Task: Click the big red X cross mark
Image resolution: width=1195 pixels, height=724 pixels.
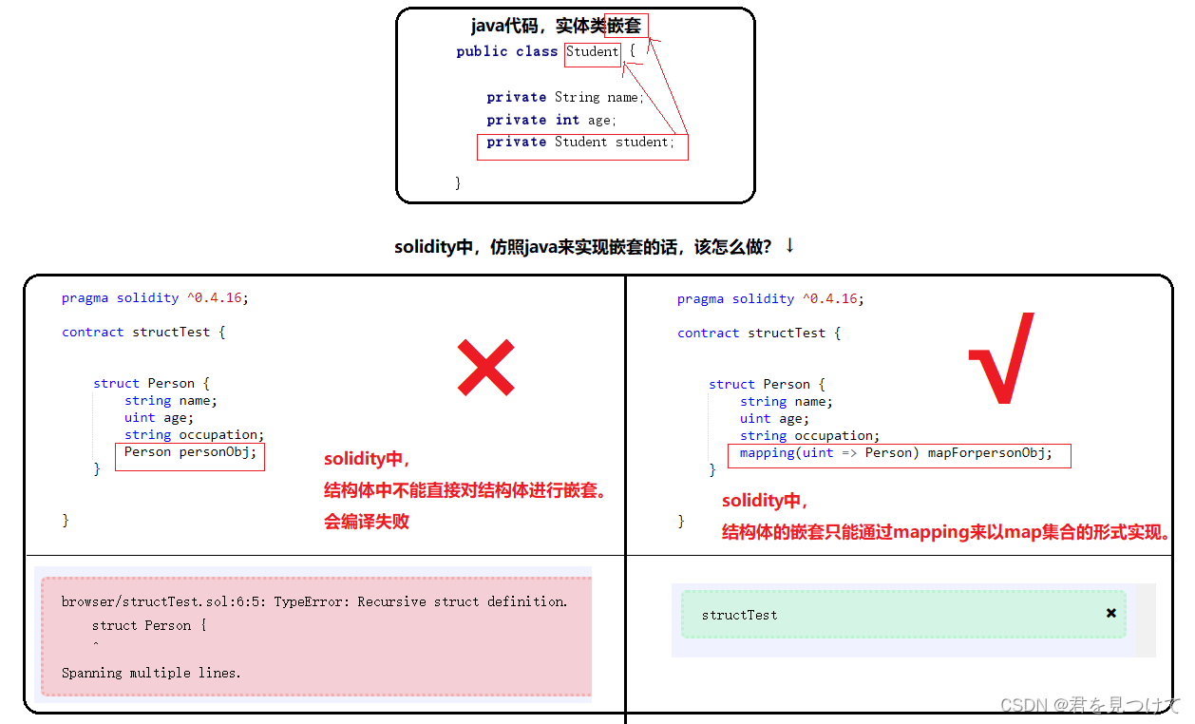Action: coord(485,368)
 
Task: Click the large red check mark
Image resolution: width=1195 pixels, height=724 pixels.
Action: coord(1001,359)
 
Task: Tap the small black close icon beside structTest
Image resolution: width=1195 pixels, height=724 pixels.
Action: coord(1110,613)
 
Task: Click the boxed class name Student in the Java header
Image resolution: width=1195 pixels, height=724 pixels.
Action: coord(593,52)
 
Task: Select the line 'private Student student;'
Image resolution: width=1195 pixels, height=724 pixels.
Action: coord(580,143)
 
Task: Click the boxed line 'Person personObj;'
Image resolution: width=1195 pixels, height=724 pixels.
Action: coord(190,452)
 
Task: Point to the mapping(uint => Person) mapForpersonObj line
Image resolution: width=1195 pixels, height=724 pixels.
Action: coord(896,453)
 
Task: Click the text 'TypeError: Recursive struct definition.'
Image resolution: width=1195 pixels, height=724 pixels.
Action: coord(421,601)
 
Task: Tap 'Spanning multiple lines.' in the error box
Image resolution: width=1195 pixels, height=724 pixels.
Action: coord(151,673)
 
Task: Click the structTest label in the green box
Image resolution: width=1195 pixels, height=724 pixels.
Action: coord(739,615)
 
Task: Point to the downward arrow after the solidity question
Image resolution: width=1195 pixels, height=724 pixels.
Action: coord(789,246)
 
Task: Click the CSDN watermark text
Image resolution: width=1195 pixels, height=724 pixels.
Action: coord(1089,704)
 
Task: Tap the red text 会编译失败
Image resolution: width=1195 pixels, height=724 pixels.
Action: coord(367,521)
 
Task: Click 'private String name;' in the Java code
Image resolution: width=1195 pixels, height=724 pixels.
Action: coord(564,97)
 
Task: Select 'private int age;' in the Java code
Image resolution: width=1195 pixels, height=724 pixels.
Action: coord(551,120)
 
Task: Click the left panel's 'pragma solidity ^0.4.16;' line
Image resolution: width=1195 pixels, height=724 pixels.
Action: coord(154,297)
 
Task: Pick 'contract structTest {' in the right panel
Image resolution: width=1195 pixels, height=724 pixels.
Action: coord(758,333)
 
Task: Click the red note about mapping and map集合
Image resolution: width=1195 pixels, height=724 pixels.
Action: coord(945,531)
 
